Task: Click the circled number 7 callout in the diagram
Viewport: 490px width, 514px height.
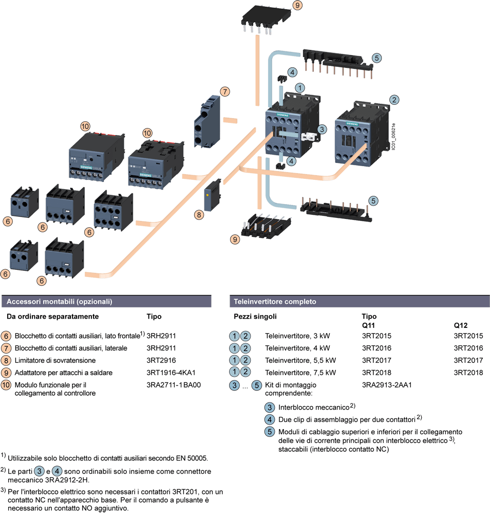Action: [x=224, y=91]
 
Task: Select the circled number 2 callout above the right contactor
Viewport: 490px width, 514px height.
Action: [x=394, y=99]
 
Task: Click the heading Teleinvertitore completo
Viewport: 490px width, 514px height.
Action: [x=275, y=302]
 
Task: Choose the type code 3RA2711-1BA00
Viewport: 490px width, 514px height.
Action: [x=174, y=384]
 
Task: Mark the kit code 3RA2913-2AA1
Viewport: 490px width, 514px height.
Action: [x=387, y=384]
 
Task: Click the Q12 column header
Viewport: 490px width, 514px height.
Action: [x=460, y=325]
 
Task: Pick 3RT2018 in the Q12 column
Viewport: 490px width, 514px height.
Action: [x=468, y=372]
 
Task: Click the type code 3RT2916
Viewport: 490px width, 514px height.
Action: [x=161, y=360]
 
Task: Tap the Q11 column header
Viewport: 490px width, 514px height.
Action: [x=369, y=325]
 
